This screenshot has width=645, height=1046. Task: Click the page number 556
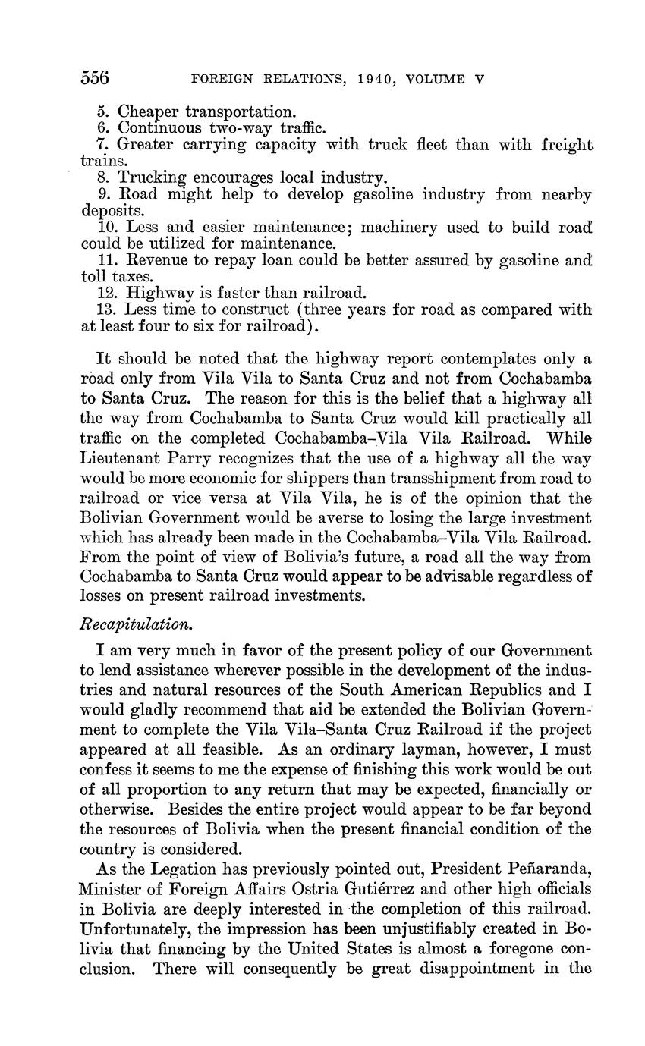(x=95, y=78)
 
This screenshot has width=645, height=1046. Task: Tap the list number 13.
(x=106, y=309)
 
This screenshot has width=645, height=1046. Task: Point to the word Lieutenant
(x=126, y=459)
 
